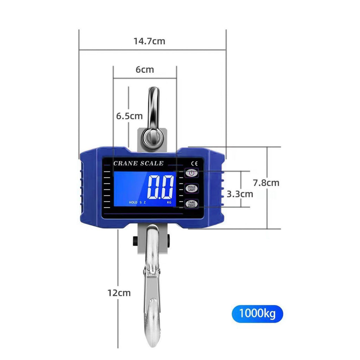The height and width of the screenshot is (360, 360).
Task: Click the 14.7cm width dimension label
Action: tap(149, 41)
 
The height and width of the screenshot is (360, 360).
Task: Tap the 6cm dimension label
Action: tap(144, 70)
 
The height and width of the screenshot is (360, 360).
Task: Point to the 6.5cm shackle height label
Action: tap(129, 116)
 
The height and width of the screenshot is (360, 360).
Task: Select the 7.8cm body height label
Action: tap(266, 183)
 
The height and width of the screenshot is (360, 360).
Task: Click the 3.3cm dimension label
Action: tap(240, 194)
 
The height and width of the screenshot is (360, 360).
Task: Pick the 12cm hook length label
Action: tap(119, 293)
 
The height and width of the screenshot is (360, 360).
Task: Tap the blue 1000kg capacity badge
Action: tap(257, 314)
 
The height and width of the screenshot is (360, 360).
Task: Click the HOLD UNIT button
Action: tap(192, 188)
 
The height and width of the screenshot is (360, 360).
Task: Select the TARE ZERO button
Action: tap(192, 204)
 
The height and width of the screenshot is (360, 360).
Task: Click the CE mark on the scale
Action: tap(194, 163)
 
